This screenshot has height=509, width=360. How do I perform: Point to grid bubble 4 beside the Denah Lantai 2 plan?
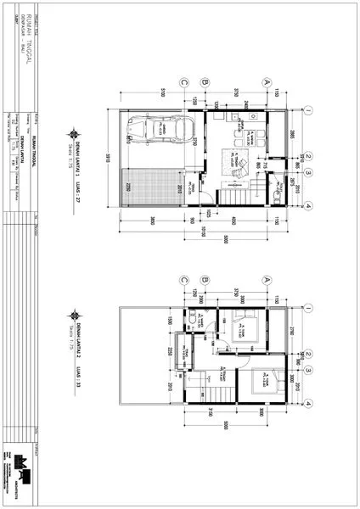click(x=310, y=401)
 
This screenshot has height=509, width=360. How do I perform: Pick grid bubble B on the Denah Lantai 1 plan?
click(x=205, y=83)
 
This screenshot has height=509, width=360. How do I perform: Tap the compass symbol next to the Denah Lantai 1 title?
click(x=77, y=131)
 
